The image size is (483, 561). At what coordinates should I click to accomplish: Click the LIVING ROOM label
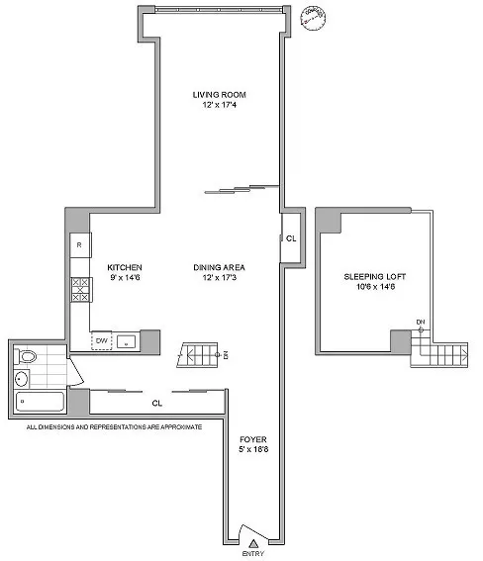pos(219,95)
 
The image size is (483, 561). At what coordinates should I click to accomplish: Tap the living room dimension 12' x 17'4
pos(219,106)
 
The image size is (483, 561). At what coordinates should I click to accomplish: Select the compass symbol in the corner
pos(317,20)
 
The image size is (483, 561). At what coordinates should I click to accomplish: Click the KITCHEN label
pos(126,267)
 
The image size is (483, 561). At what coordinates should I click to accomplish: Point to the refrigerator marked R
pos(78,245)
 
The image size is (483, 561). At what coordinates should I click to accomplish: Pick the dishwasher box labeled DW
pos(100,341)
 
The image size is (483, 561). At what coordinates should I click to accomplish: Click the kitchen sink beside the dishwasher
pos(126,341)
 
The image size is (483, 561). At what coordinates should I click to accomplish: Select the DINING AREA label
pos(219,267)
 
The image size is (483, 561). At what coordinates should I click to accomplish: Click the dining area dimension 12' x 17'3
pos(219,278)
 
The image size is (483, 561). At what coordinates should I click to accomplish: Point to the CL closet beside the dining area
pos(290,238)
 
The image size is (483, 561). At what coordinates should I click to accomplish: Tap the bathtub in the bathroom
pos(40,401)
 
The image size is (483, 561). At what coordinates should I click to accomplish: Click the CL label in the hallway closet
pos(156,403)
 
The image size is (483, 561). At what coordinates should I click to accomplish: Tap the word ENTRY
pos(254,553)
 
